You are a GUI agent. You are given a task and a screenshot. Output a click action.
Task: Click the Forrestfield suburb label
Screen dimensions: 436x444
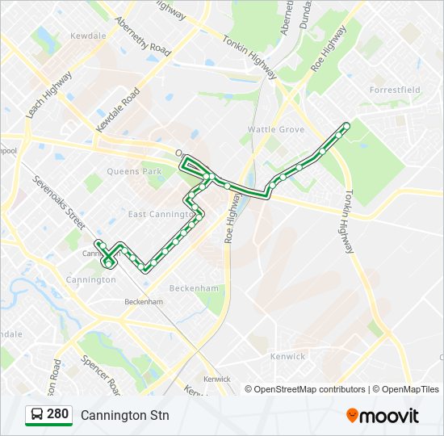tap(395, 90)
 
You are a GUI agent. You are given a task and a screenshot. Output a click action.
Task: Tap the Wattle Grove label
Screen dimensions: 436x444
tap(276, 129)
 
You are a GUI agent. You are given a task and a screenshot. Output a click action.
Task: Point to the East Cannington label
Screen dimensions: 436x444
tap(158, 214)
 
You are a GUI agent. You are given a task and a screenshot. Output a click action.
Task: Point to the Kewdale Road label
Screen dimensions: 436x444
tap(115, 109)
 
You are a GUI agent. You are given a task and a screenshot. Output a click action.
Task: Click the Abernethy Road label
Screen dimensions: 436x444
tap(143, 36)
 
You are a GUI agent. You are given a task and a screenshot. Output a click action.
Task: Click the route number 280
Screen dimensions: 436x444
tap(57, 414)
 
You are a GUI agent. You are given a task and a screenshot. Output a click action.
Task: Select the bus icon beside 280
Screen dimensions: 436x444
tap(37, 415)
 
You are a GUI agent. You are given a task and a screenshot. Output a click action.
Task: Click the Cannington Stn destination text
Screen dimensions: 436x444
tap(124, 415)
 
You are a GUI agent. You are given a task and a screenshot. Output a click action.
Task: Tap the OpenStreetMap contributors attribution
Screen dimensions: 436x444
tap(306, 389)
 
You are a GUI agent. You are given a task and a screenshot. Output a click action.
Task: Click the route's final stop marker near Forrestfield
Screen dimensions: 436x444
tap(347, 125)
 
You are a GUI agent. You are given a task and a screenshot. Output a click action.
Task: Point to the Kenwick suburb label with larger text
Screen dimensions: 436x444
tap(287, 356)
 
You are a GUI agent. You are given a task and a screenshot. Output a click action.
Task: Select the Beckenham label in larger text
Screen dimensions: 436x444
tap(194, 288)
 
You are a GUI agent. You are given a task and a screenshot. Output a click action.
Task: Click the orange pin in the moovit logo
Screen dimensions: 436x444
tap(352, 416)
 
